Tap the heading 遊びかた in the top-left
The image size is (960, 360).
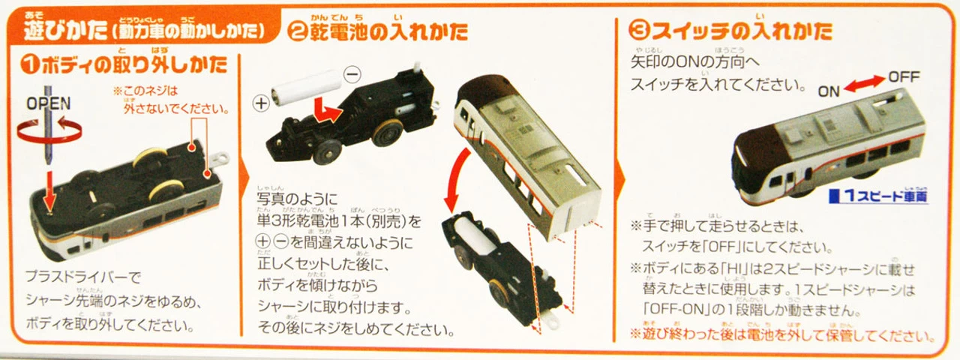tap(57, 31)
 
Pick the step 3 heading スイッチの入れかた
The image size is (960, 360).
tap(730, 31)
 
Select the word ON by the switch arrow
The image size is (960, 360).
tap(828, 91)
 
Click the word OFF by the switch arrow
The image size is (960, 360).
tap(903, 76)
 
